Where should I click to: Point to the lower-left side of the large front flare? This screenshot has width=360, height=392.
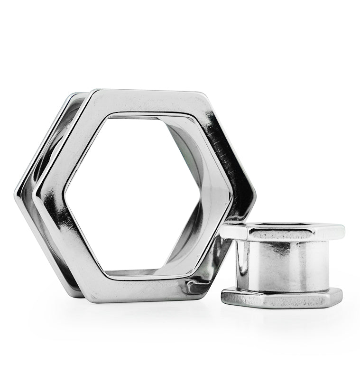point(59,247)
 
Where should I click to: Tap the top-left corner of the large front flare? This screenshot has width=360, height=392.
point(93,91)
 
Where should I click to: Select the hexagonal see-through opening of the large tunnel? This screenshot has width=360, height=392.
point(142,195)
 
